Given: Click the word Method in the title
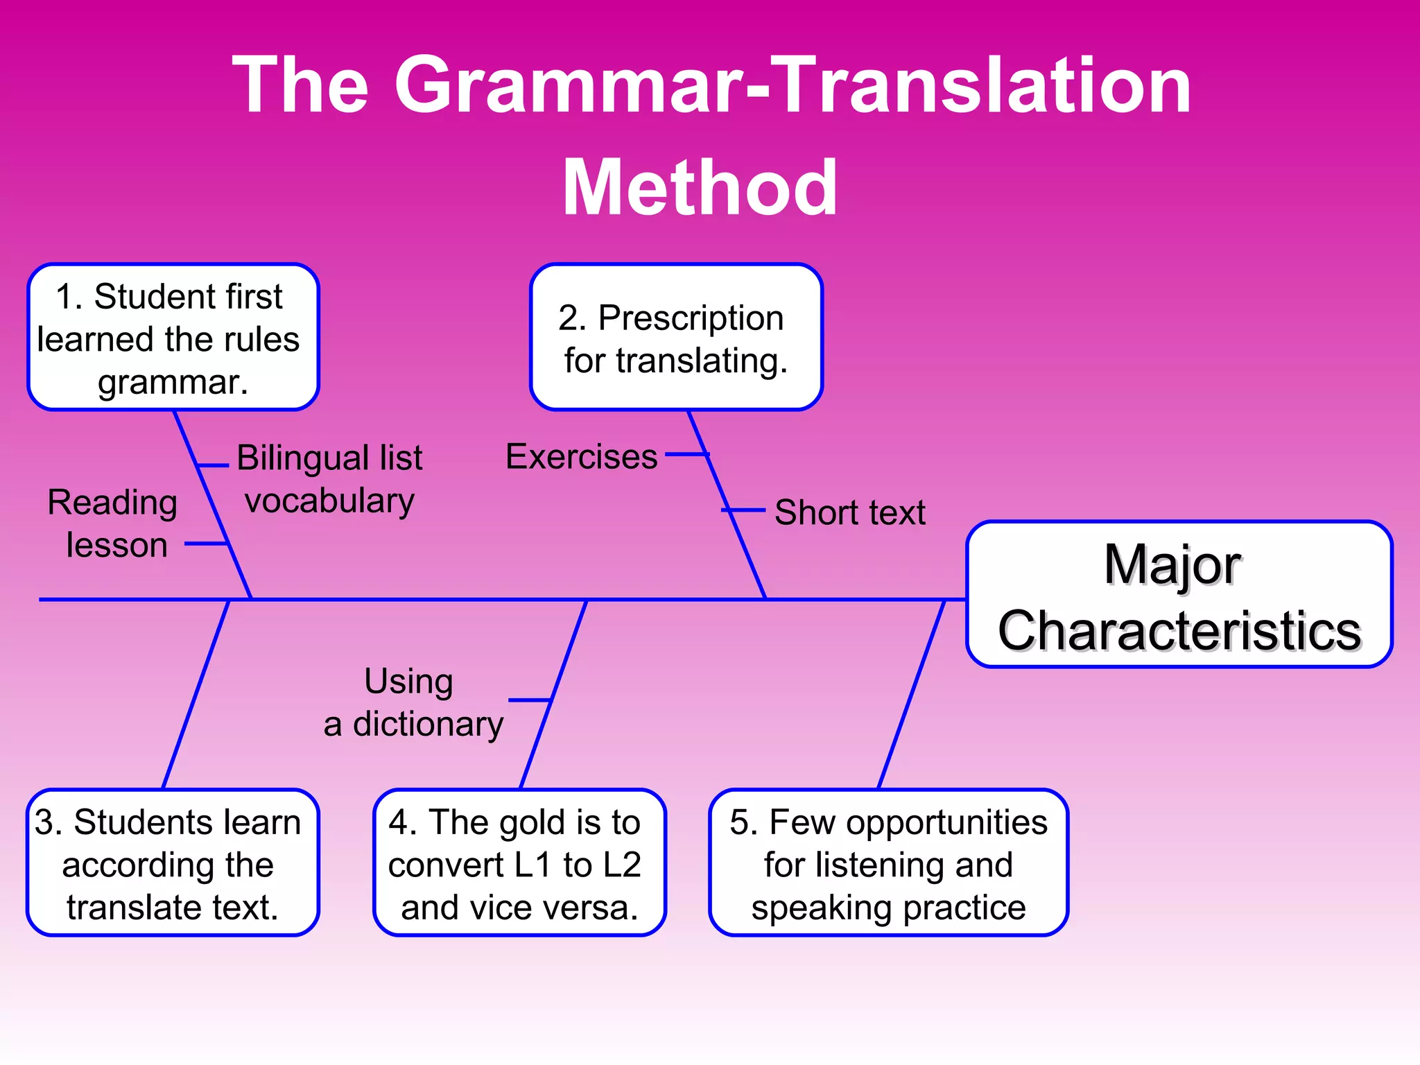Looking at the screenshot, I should tap(700, 188).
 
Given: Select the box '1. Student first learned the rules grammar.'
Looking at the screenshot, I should tap(173, 338).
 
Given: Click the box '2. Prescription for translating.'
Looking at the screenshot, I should tap(676, 338).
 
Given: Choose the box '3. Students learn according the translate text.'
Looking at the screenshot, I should tap(173, 863).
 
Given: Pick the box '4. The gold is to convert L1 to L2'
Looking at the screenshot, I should tap(519, 863).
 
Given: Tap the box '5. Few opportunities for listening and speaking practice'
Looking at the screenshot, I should tap(888, 863).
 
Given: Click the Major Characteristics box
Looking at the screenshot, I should tap(1179, 595).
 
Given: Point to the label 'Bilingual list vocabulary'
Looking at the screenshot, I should tap(329, 479).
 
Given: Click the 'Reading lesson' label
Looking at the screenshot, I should tap(113, 523).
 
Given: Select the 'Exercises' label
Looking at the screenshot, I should tap(581, 457).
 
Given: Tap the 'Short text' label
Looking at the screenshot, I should tap(849, 512).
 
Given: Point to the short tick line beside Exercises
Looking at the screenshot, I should tap(686, 455).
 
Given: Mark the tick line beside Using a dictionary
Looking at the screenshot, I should tap(530, 700).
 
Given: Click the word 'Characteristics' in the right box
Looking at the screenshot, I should tap(1179, 631).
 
